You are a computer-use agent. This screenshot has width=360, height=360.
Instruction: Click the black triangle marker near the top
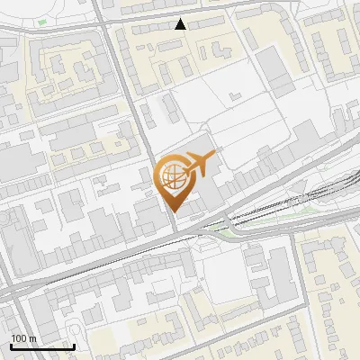point(181,24)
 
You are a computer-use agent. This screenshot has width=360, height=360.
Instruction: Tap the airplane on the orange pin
point(199,163)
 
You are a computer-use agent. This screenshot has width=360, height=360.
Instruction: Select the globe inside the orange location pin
point(173,176)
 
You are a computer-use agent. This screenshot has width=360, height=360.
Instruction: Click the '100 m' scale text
point(23,338)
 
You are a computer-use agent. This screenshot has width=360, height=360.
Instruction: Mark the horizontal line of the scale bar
point(42,346)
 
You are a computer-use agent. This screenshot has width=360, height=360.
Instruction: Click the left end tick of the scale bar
point(11,344)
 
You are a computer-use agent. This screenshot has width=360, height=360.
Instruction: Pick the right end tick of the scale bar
point(74,344)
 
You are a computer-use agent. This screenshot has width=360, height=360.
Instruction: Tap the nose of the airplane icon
point(212,157)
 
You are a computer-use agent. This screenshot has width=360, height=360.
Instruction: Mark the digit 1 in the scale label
point(13,338)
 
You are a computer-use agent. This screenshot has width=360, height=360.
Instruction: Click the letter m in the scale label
point(32,339)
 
